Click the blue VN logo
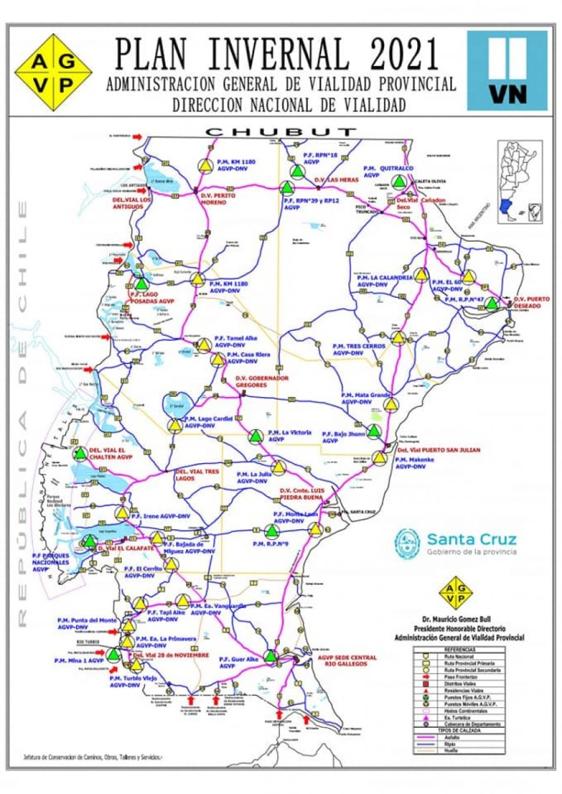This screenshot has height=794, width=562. (x=507, y=70)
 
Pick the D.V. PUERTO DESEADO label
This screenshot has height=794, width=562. (x=532, y=303)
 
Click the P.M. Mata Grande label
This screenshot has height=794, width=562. (x=366, y=398)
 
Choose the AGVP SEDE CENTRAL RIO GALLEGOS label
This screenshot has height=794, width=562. (x=347, y=660)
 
